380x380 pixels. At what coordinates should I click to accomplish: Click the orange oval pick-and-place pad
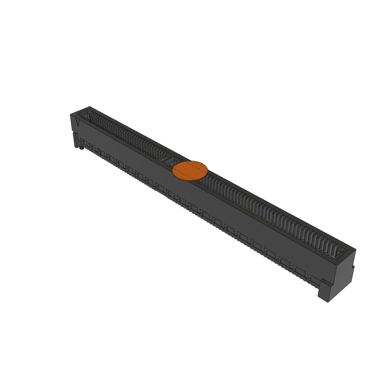[190, 171]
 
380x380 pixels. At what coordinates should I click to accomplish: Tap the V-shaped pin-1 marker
[78, 122]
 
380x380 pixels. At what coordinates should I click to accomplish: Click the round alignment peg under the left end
[81, 148]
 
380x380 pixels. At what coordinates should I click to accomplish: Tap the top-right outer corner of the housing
[356, 249]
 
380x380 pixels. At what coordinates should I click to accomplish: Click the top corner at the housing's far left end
[89, 107]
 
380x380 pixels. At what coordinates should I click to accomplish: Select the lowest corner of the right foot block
[328, 302]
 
